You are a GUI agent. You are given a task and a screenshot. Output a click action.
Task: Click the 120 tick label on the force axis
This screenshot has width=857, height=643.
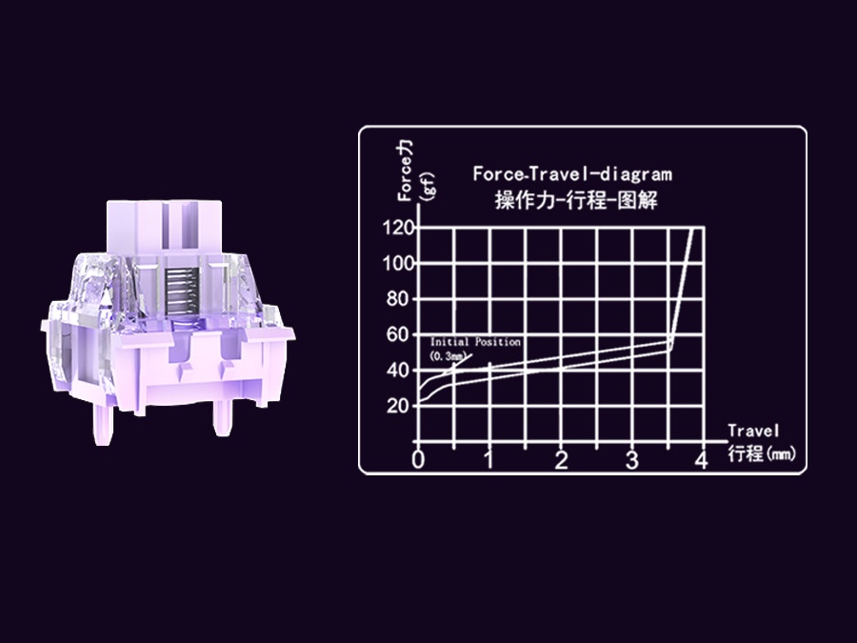pos(398,228)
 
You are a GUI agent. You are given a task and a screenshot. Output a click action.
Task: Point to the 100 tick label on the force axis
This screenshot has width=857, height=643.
pos(398,264)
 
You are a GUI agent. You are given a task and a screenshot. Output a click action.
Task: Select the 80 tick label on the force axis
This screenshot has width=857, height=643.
pos(398,299)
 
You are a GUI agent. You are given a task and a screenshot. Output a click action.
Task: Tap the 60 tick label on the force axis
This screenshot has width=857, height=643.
pos(398,334)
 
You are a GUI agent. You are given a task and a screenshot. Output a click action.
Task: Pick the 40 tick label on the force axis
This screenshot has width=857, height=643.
pos(398,371)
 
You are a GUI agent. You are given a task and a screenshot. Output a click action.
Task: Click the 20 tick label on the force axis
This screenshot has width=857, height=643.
pos(398,406)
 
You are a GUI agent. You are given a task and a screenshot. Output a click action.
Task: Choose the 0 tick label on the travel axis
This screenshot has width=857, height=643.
pos(418,460)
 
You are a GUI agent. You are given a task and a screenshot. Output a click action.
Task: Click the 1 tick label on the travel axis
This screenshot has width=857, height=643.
pos(489,460)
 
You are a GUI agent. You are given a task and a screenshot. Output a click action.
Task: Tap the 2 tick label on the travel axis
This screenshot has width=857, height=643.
pos(561,460)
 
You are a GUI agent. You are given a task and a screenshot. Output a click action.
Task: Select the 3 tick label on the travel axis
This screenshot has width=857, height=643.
pos(632,460)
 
